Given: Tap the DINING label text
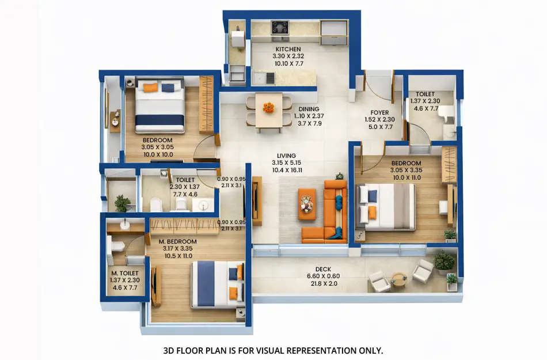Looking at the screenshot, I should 309,109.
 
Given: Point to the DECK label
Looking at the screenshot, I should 323,269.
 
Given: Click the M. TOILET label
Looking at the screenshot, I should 124,273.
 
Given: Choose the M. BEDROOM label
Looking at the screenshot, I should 178,241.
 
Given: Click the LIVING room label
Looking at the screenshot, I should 286,156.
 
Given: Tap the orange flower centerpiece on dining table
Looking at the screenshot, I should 269,107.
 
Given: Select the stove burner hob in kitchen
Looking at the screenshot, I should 280,26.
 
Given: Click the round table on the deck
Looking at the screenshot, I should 399,279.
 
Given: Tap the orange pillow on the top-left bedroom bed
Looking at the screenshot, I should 150,88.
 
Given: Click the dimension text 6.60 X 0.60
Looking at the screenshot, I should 323,276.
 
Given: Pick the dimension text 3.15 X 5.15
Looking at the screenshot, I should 286,163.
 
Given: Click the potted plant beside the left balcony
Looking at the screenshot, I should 122,202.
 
